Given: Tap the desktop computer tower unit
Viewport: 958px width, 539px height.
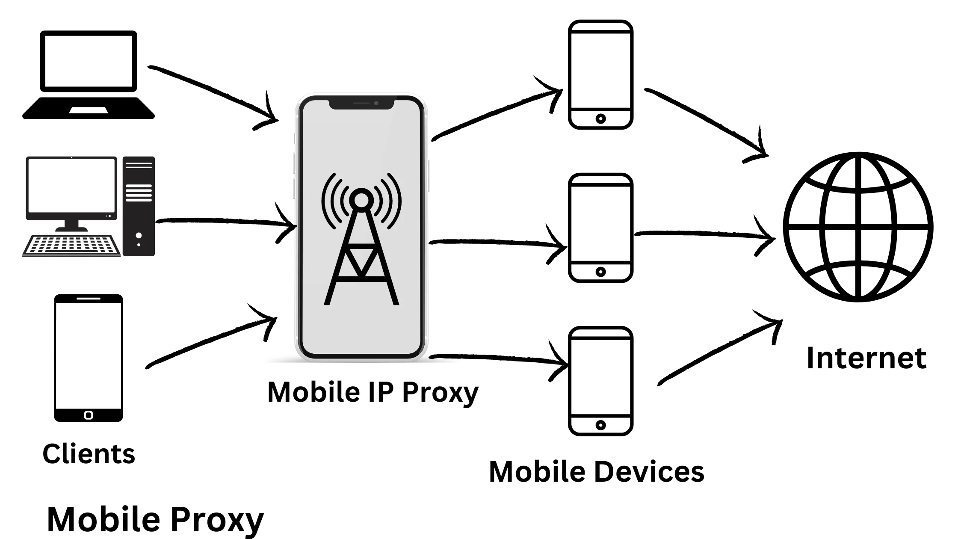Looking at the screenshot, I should coord(139,206).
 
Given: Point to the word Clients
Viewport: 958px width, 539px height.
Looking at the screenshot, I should coord(89,454).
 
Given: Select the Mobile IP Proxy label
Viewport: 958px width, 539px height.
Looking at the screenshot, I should coord(373,392).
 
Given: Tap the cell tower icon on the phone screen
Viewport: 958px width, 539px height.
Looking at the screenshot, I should coord(361,240).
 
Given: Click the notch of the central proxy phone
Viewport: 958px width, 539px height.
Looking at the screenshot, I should coord(361,104).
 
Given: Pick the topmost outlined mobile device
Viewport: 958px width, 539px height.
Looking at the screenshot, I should coord(600,74).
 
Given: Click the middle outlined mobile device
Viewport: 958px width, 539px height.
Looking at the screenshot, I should coord(600,228).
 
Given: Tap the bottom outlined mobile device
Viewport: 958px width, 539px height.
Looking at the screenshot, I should coord(600,381).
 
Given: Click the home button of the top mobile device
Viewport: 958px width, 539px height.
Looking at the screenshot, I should coord(600,118).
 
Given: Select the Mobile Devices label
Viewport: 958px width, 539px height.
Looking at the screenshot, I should coord(596,472).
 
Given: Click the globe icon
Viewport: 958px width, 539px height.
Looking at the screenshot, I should coord(858,227).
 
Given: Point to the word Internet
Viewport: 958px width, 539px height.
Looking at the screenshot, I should coord(866,358).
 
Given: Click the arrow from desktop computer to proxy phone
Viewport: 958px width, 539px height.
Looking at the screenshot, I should coord(222,222).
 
